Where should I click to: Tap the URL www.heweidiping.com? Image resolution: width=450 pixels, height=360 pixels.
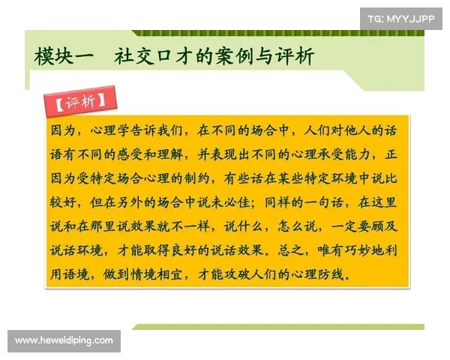tap(64, 340)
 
